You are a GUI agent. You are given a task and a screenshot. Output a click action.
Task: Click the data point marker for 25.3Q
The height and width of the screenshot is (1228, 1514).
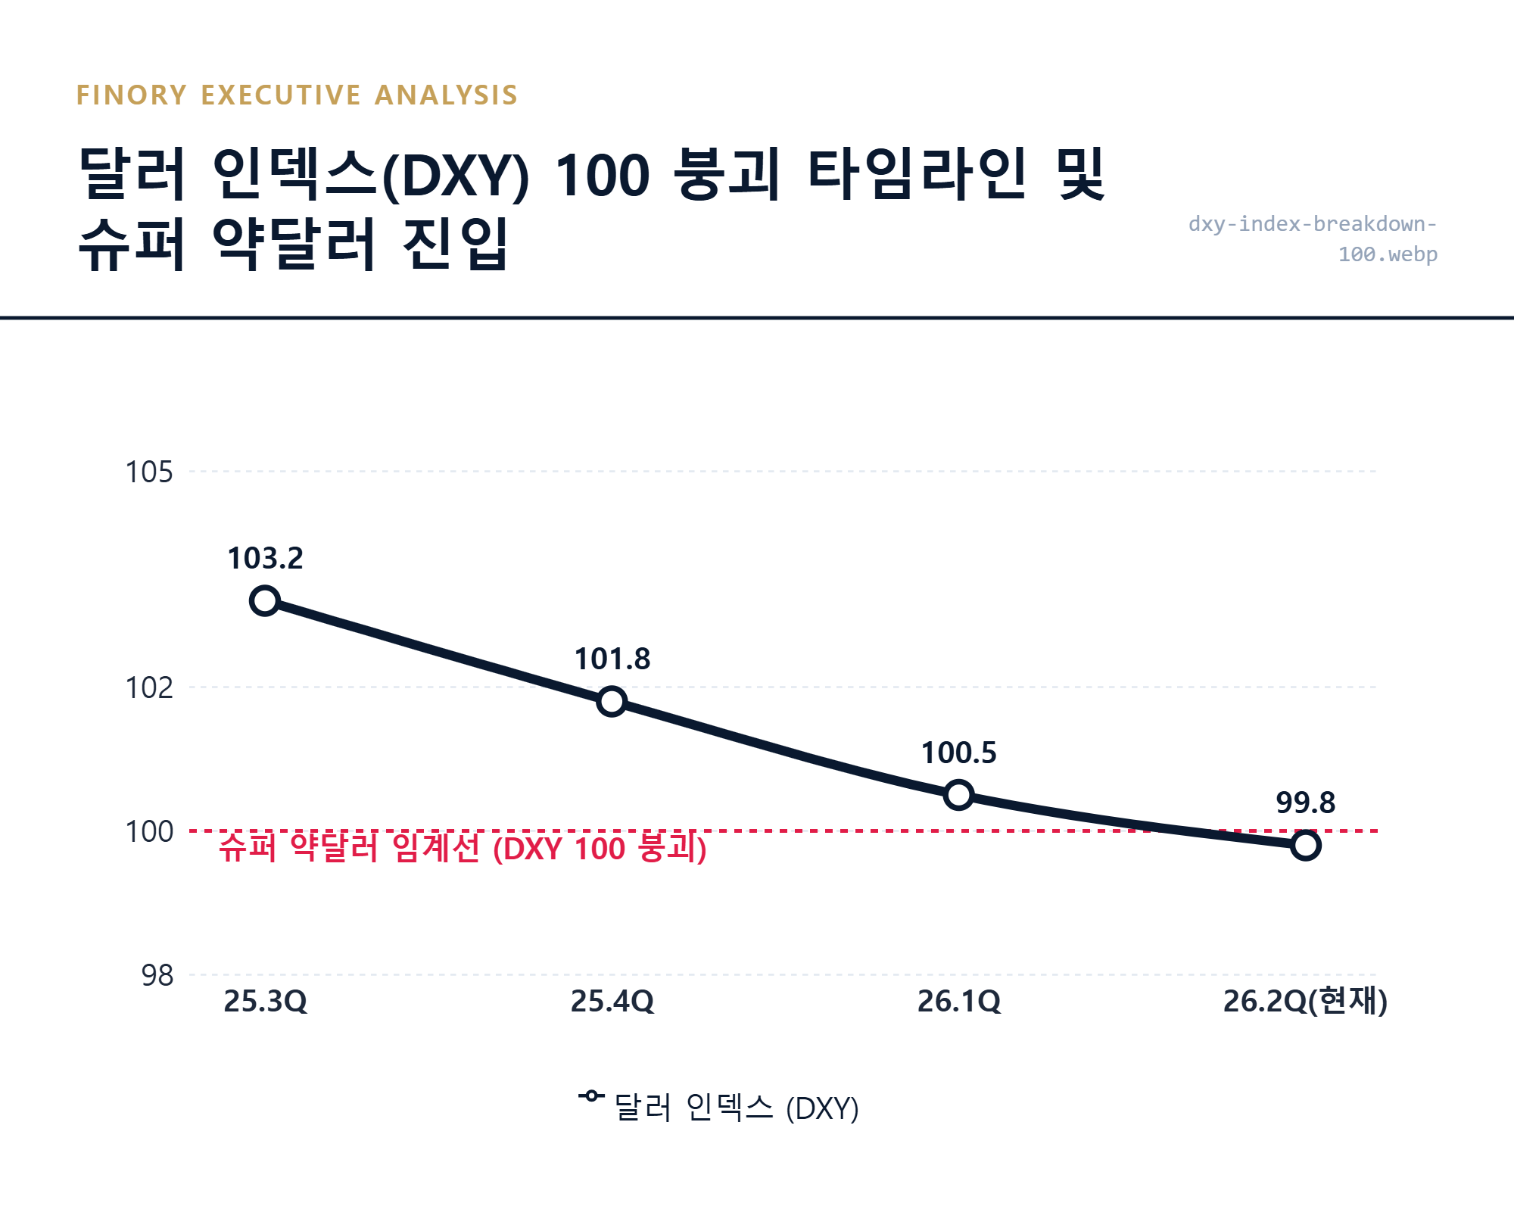tap(265, 601)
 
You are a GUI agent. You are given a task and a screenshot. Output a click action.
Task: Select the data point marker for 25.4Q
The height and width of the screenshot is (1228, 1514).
tap(612, 702)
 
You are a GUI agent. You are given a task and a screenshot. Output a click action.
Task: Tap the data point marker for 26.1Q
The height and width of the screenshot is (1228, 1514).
tap(958, 795)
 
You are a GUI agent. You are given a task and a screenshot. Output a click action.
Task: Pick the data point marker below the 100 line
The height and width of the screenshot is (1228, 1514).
tap(1305, 845)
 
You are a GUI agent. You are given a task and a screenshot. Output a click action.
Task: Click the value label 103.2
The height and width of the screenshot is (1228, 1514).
tap(265, 559)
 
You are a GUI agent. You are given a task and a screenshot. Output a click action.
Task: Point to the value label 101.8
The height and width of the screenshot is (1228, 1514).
tap(612, 659)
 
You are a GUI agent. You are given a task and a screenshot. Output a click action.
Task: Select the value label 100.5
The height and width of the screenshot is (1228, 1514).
tap(958, 753)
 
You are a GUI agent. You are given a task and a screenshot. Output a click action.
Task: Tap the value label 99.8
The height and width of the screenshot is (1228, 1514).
tap(1305, 803)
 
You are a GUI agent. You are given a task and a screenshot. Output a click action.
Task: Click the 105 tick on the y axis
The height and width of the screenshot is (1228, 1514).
tap(149, 472)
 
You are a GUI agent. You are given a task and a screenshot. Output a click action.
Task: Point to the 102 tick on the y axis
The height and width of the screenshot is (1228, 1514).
tap(149, 688)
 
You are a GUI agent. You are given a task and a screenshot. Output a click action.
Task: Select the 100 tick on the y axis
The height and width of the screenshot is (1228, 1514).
tap(149, 832)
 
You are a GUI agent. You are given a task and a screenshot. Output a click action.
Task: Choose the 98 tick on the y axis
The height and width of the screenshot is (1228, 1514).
tap(157, 976)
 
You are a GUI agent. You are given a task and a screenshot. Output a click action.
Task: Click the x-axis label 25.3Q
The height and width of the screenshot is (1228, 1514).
tap(265, 1002)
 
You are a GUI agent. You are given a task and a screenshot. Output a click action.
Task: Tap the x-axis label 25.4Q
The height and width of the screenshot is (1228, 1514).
tap(612, 1002)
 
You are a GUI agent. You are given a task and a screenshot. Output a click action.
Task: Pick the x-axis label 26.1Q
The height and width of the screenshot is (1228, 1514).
tap(958, 1002)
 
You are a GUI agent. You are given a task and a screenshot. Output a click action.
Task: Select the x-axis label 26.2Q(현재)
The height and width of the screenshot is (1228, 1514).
tap(1305, 1002)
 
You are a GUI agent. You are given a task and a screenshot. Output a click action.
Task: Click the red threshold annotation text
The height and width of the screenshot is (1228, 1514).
tap(463, 848)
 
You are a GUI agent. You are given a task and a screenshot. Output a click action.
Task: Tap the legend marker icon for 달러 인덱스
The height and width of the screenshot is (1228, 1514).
tap(591, 1096)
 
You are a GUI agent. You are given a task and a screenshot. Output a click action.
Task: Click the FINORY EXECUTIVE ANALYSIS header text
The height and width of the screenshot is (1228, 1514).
tap(297, 95)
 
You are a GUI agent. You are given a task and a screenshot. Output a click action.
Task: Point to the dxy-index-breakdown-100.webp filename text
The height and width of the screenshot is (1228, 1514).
tap(1313, 239)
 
